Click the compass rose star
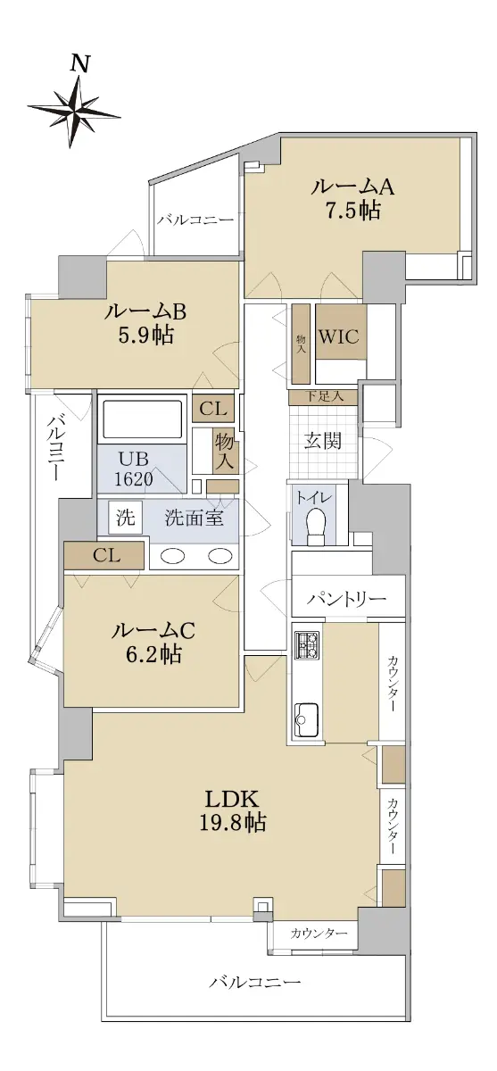(73, 112)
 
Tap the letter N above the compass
(80, 64)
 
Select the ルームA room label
(352, 187)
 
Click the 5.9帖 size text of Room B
(145, 336)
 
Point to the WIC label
(339, 336)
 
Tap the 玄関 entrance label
(323, 441)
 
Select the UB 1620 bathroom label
(134, 469)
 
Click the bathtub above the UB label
(142, 419)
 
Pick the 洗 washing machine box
(125, 518)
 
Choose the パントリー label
(346, 599)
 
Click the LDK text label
(232, 799)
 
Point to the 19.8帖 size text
(232, 822)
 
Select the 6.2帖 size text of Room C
(153, 653)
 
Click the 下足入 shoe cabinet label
(324, 396)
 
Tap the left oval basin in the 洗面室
(172, 555)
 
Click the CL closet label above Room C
(106, 555)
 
